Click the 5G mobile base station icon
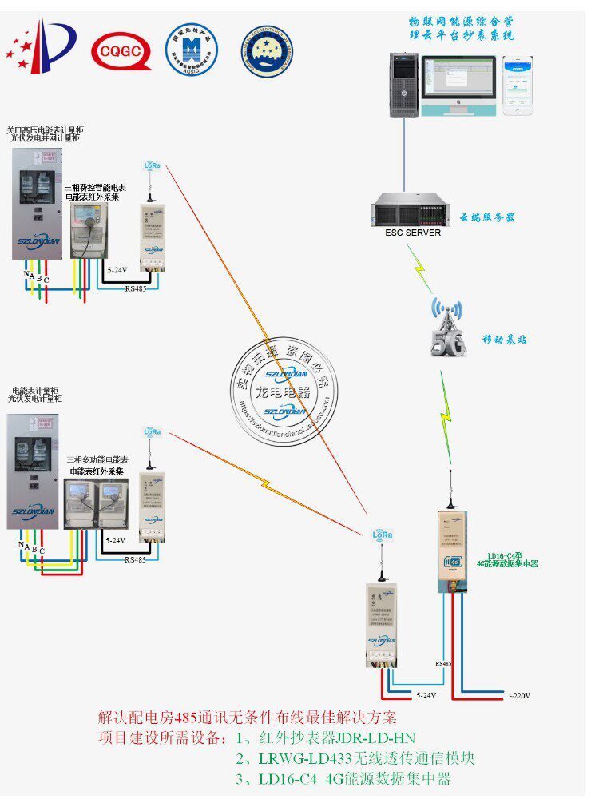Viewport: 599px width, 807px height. point(447,328)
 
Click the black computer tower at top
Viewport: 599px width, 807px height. point(403,85)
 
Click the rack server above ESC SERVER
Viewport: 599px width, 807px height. point(407,213)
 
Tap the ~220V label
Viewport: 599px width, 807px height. point(519,694)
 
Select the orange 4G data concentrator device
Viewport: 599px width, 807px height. point(452,551)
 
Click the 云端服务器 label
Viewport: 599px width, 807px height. point(487,217)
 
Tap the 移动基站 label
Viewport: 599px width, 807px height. point(504,340)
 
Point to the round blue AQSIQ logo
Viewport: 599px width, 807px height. point(192,50)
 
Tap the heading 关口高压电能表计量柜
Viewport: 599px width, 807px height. point(45,129)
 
